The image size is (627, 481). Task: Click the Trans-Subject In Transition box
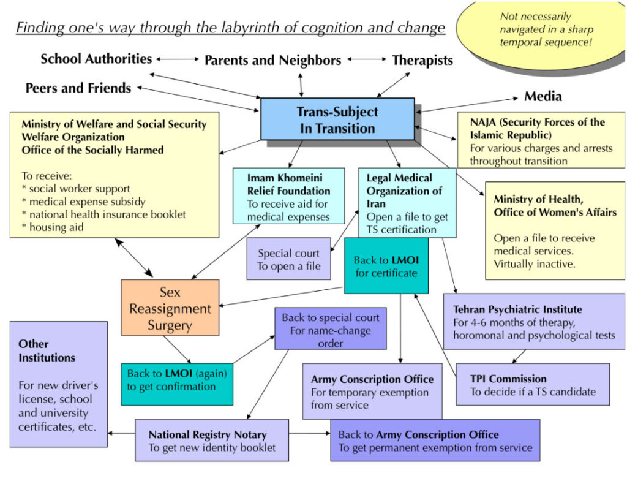(x=337, y=119)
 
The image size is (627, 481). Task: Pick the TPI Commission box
(x=532, y=384)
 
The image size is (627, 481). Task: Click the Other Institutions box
(x=58, y=384)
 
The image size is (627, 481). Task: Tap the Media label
(x=543, y=96)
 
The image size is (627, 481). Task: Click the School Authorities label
(x=96, y=59)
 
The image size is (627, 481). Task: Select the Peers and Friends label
(x=78, y=88)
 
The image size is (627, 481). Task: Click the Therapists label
(x=422, y=60)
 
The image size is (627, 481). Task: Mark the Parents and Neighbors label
(x=272, y=60)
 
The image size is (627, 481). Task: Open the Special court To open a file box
(x=288, y=259)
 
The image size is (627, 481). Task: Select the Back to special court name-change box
(x=330, y=329)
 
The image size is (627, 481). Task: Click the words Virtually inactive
(x=528, y=264)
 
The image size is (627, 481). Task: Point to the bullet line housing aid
(x=57, y=227)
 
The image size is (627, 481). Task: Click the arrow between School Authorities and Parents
(x=178, y=59)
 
